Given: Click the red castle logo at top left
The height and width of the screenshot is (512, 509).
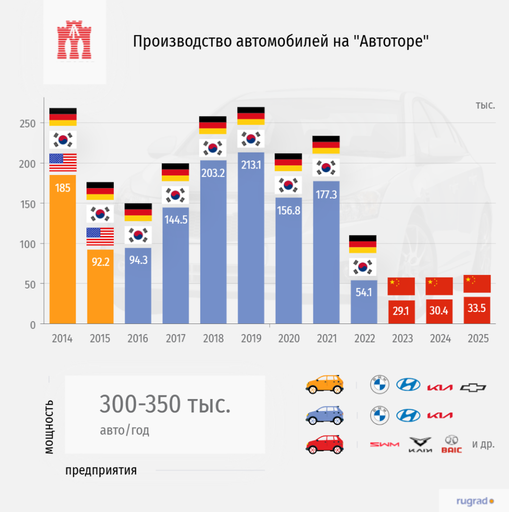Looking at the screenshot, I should tap(74, 40).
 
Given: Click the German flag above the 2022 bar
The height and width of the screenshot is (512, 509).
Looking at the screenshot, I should tap(364, 244).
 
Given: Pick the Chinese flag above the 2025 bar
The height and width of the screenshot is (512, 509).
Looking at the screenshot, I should tap(477, 283).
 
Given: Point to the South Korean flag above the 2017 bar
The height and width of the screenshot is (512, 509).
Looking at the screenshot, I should tap(175, 195).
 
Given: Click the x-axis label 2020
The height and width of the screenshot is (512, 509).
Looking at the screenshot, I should tap(289, 338).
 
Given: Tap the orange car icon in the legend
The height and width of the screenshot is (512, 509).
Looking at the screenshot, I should tap(325, 385).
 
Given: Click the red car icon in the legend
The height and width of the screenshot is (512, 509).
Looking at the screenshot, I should tap(325, 444).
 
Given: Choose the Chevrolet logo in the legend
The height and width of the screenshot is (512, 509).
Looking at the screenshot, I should tap(473, 387).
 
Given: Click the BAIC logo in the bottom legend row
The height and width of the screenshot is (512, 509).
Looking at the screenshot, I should tap(452, 444).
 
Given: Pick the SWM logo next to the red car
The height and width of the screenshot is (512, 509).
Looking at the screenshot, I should tap(384, 444).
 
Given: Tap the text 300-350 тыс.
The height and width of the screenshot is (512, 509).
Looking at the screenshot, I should tap(165, 404).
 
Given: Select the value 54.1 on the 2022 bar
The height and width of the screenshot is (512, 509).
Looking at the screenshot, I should tap(364, 292).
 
